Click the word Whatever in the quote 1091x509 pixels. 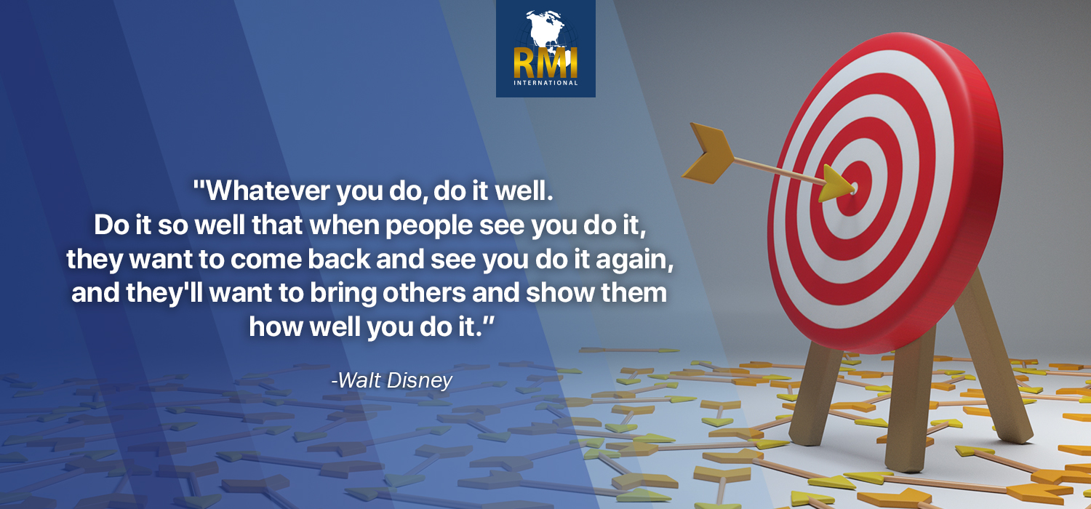268,191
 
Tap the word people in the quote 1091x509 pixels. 429,226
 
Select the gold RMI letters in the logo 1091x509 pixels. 545,63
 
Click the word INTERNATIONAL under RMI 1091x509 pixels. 545,83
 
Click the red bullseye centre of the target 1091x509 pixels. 853,188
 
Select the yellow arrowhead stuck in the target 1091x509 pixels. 836,184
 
